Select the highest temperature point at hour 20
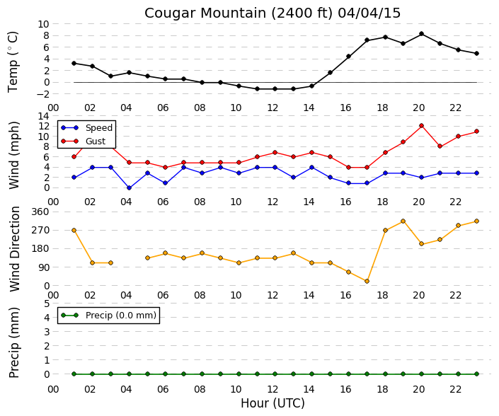pos(421,34)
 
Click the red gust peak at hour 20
pos(421,126)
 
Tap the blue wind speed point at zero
pos(129,187)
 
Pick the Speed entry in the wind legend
pos(86,127)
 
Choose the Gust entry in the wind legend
pos(83,141)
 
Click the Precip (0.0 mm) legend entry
pos(108,315)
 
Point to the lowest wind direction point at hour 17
pos(367,281)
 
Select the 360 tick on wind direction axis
pos(41,212)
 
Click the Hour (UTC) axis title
pos(273,403)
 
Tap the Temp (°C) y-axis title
pos(13,62)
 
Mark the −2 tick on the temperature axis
pos(43,94)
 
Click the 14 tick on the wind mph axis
pos(44,116)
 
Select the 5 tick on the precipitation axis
pos(47,304)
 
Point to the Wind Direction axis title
pos(14,249)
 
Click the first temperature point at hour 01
pos(74,63)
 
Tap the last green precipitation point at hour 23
pos(476,374)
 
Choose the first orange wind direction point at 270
pos(74,230)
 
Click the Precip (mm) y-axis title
pos(13,342)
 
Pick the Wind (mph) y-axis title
pos(13,156)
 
